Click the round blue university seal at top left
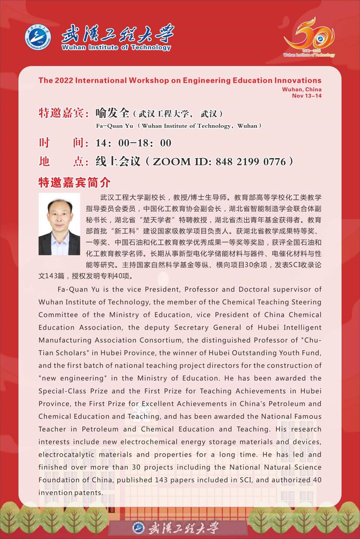(x=38, y=37)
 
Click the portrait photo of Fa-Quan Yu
(x=59, y=224)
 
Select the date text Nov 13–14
(x=307, y=96)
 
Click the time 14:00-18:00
(x=133, y=143)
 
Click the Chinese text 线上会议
(x=118, y=162)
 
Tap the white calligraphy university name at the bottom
(x=183, y=528)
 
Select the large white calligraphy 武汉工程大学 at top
(x=117, y=33)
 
